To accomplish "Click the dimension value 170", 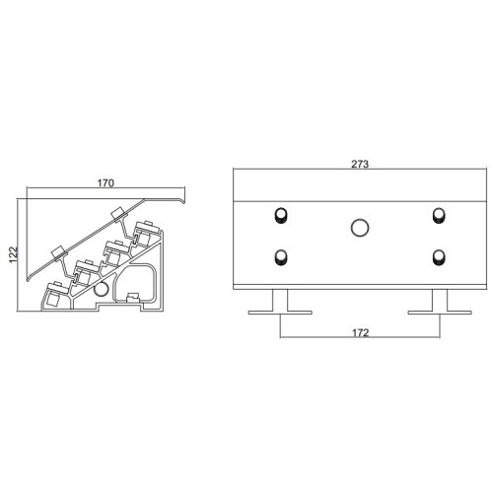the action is [x=106, y=182].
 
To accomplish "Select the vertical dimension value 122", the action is [x=13, y=254].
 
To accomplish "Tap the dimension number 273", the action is [x=360, y=164].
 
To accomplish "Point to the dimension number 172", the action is [x=361, y=333].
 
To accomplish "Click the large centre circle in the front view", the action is [x=360, y=228].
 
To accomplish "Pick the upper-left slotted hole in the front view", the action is [x=281, y=215].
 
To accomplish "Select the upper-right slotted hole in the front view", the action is [x=439, y=215].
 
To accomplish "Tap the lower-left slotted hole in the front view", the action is [x=281, y=257].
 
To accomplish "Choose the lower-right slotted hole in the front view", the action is [x=439, y=257].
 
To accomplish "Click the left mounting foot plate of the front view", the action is [x=280, y=313].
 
